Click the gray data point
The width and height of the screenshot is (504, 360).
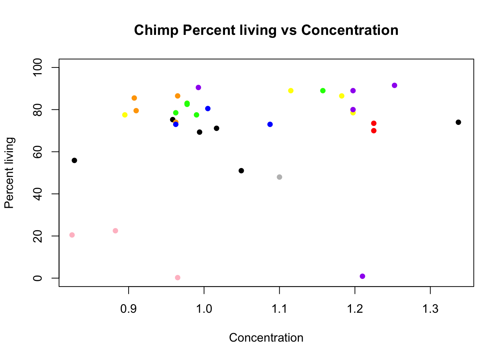click(x=279, y=177)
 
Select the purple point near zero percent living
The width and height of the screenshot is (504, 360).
click(x=362, y=276)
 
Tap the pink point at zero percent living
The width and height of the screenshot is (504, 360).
click(x=177, y=277)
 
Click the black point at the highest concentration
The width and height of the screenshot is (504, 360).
click(x=458, y=122)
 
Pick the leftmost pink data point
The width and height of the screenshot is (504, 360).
click(x=72, y=235)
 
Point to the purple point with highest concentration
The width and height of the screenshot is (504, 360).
click(x=394, y=85)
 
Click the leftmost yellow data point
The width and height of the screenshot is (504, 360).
click(x=125, y=115)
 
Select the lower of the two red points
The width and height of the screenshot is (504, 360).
click(x=374, y=131)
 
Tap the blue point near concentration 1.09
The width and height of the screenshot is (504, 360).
click(x=270, y=124)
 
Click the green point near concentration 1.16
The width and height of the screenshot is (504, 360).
click(x=323, y=91)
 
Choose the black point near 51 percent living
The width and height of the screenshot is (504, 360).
click(x=241, y=171)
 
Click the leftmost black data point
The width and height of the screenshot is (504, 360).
click(x=74, y=160)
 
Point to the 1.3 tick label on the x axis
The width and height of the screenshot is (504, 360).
click(x=430, y=309)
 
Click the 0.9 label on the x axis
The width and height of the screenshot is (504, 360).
click(x=129, y=309)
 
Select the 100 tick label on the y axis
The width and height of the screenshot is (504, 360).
click(x=37, y=67)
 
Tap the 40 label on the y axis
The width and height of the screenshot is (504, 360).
click(x=37, y=194)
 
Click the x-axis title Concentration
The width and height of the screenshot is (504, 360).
click(x=266, y=337)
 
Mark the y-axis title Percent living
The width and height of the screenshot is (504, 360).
click(x=9, y=173)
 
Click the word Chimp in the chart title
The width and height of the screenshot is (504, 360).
click(x=156, y=30)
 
